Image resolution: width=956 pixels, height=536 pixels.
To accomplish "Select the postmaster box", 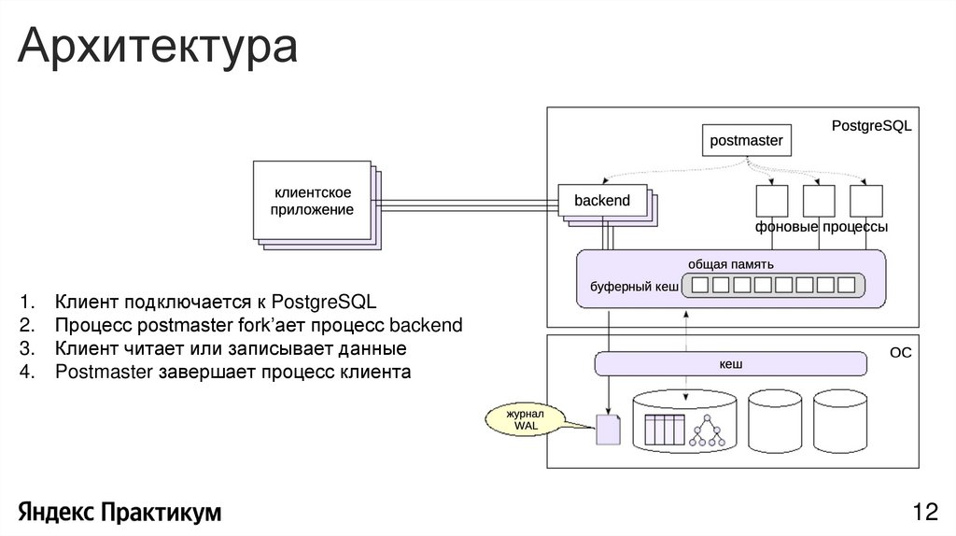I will pyautogui.click(x=745, y=141).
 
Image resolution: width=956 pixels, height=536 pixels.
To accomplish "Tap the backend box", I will pyautogui.click(x=602, y=201).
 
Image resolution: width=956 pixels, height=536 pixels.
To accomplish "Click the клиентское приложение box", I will pyautogui.click(x=312, y=201).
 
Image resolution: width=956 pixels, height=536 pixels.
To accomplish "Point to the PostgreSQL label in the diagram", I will pyautogui.click(x=870, y=125).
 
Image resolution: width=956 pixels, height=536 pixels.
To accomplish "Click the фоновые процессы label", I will pyautogui.click(x=821, y=228).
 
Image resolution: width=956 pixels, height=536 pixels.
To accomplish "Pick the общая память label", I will pyautogui.click(x=730, y=263).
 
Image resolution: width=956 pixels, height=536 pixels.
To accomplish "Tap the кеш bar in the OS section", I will pyautogui.click(x=730, y=363).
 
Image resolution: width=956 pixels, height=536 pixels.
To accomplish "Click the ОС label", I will pyautogui.click(x=899, y=354).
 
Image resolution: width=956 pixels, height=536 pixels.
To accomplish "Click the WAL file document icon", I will pyautogui.click(x=608, y=429).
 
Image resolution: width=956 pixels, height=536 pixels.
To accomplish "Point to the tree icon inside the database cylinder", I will pyautogui.click(x=707, y=429).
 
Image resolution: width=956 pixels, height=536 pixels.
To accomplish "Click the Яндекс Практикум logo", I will pyautogui.click(x=119, y=512).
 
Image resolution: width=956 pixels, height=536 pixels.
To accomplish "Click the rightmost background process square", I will pyautogui.click(x=866, y=201).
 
